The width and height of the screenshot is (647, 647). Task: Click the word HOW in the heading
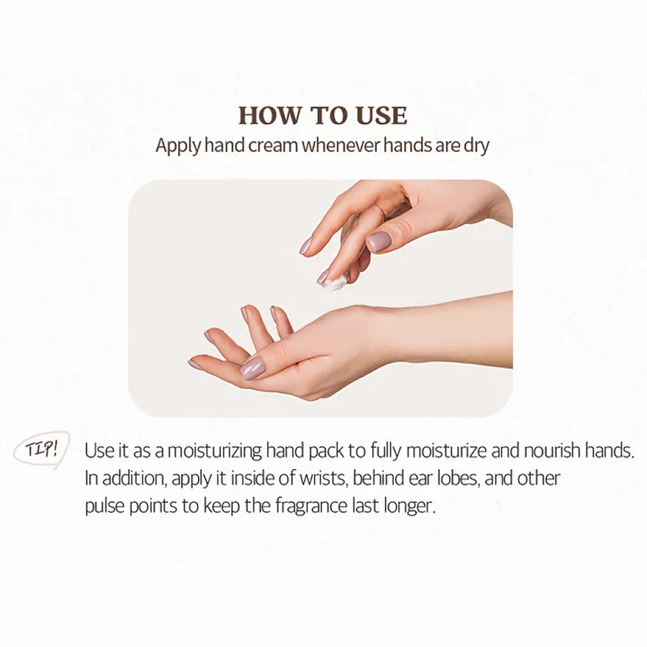tap(270, 116)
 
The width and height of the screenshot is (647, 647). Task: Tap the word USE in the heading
tap(382, 116)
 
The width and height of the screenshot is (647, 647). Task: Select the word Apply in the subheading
tap(178, 146)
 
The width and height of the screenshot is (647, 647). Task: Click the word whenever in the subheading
tap(340, 146)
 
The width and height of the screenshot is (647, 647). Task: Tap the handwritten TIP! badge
tap(42, 448)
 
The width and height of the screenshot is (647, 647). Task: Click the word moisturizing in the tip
tap(215, 451)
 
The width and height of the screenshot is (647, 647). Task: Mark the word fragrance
tap(311, 506)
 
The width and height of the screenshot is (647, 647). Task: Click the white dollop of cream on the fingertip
tap(335, 283)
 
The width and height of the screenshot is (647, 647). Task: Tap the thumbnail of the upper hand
tap(379, 241)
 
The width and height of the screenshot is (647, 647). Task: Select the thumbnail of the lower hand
tap(253, 368)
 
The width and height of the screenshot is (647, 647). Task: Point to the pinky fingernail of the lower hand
tap(195, 365)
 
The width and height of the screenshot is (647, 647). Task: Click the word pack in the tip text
tap(326, 451)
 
